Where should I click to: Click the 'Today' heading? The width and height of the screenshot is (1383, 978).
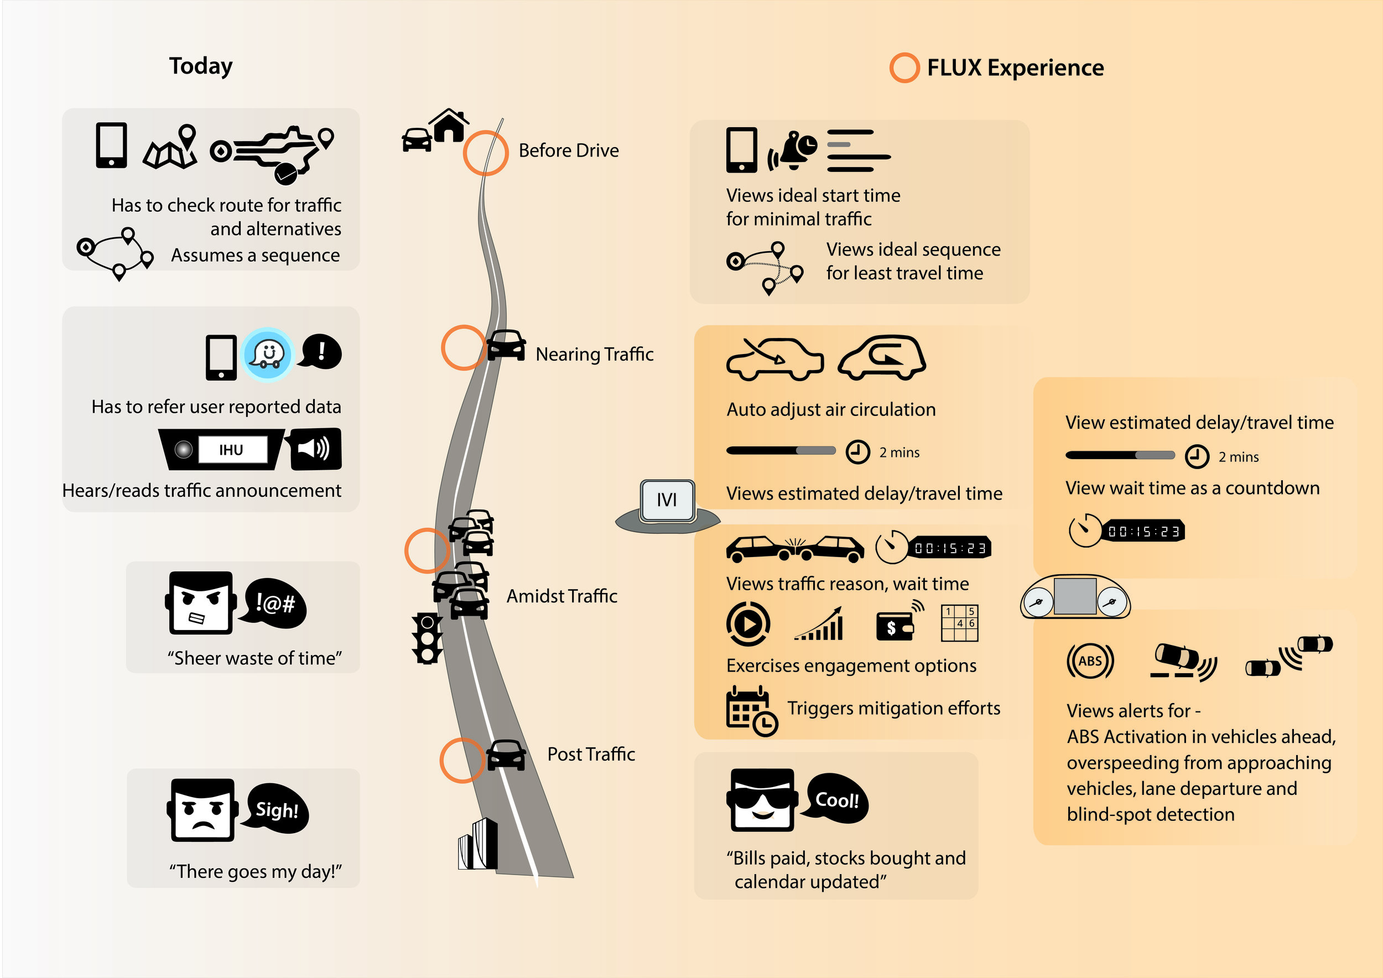pyautogui.click(x=201, y=66)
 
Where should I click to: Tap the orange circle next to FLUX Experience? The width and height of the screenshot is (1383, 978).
pyautogui.click(x=904, y=67)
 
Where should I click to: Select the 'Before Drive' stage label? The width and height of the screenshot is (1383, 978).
pyautogui.click(x=568, y=150)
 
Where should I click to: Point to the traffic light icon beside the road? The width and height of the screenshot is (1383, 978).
pyautogui.click(x=427, y=638)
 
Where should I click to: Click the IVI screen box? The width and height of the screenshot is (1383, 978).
pyautogui.click(x=667, y=500)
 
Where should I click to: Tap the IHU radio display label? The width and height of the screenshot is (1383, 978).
pyautogui.click(x=231, y=450)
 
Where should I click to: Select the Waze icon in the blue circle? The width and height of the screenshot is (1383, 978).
pyautogui.click(x=267, y=355)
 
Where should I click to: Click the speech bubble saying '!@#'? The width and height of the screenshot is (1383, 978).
pyautogui.click(x=275, y=603)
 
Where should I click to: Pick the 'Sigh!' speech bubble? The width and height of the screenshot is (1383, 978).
pyautogui.click(x=277, y=809)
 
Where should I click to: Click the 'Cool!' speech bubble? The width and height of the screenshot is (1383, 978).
pyautogui.click(x=836, y=799)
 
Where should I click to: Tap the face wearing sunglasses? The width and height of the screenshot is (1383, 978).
pyautogui.click(x=762, y=800)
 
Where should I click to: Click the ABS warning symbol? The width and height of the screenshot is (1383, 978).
pyautogui.click(x=1090, y=660)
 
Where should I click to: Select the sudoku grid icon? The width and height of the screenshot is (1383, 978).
pyautogui.click(x=960, y=623)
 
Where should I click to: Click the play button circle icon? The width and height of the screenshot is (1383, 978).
pyautogui.click(x=747, y=624)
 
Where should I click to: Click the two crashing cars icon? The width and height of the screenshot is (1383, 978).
pyautogui.click(x=795, y=548)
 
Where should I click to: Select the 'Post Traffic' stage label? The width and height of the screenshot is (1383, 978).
pyautogui.click(x=591, y=754)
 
